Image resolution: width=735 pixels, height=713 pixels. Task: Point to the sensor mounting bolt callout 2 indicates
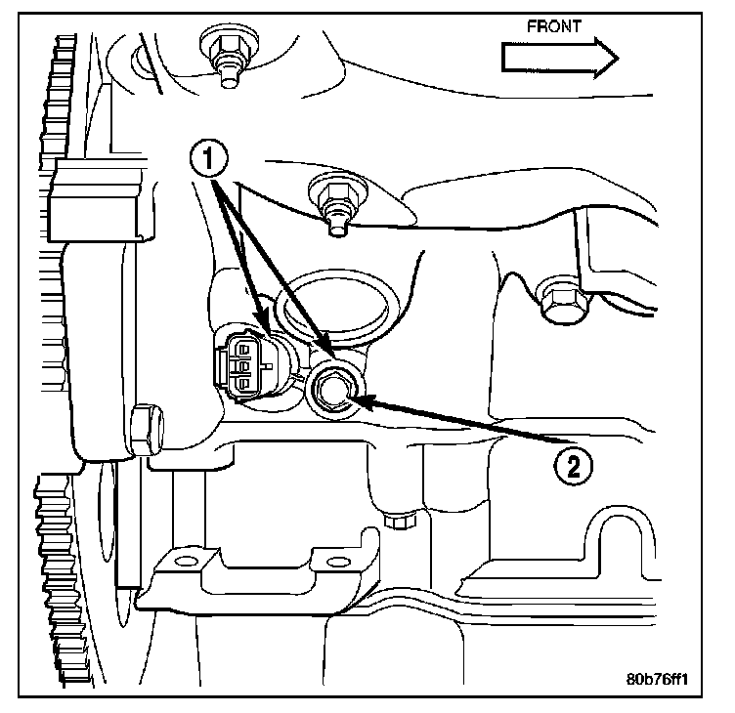[330, 391]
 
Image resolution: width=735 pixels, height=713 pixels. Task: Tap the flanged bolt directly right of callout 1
[332, 196]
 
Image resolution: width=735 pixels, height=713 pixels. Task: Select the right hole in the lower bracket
[338, 562]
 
